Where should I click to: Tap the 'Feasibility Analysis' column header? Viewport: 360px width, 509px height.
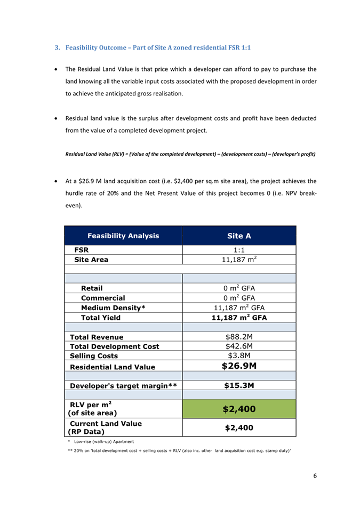click(x=123, y=236)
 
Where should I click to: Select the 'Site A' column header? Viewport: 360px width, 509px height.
click(x=239, y=236)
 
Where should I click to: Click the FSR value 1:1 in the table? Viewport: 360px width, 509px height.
click(x=239, y=249)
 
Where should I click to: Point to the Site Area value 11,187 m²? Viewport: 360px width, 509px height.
click(x=239, y=260)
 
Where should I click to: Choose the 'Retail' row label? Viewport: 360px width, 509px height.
click(x=92, y=288)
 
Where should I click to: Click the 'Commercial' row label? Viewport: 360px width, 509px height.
click(x=103, y=298)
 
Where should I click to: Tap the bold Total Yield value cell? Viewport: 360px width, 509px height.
click(x=239, y=318)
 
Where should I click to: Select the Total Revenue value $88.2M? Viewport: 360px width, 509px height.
click(x=239, y=337)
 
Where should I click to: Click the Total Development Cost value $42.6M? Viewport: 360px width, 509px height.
click(x=239, y=346)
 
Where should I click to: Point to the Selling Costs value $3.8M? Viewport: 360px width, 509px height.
click(x=239, y=356)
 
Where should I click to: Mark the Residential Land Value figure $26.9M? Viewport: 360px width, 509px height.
click(x=239, y=366)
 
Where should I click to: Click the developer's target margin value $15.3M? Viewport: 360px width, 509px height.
click(x=239, y=386)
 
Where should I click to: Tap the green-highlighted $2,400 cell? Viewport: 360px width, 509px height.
click(x=239, y=409)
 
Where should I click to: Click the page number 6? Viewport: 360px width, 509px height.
click(x=315, y=476)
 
